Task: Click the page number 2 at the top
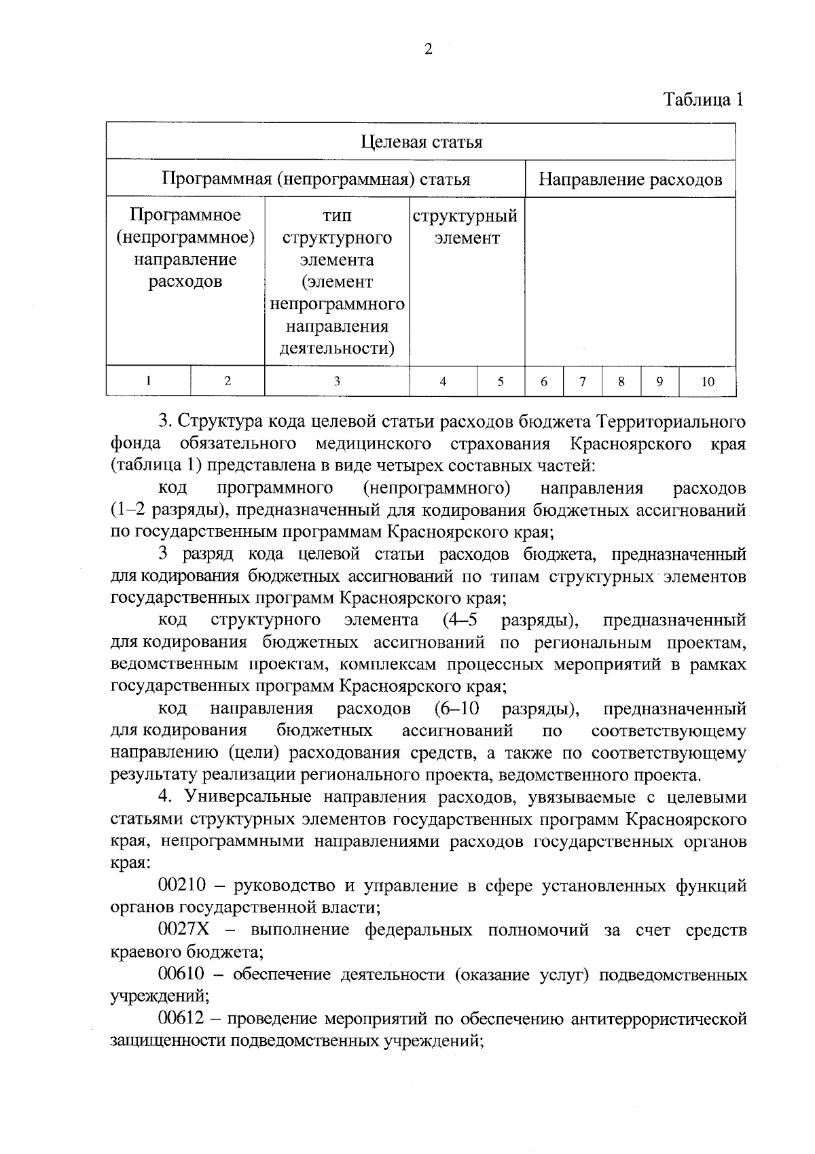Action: coord(428,49)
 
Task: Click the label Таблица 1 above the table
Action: coord(704,100)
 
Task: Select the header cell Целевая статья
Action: coord(420,142)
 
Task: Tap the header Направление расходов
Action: coord(630,179)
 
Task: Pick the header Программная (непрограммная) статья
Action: coord(316,179)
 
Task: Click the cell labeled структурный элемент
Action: coord(466,227)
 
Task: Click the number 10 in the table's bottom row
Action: coord(707,382)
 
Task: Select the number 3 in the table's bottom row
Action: coord(336,382)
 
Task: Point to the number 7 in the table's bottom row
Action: coord(583,382)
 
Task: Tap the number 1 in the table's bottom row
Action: coord(148,381)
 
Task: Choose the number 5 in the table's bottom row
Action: coord(501,382)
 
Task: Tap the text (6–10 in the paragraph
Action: coord(456,709)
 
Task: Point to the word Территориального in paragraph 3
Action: coord(671,421)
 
